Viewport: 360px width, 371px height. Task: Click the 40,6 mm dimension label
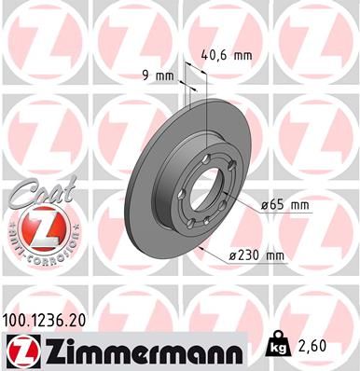(228, 55)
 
